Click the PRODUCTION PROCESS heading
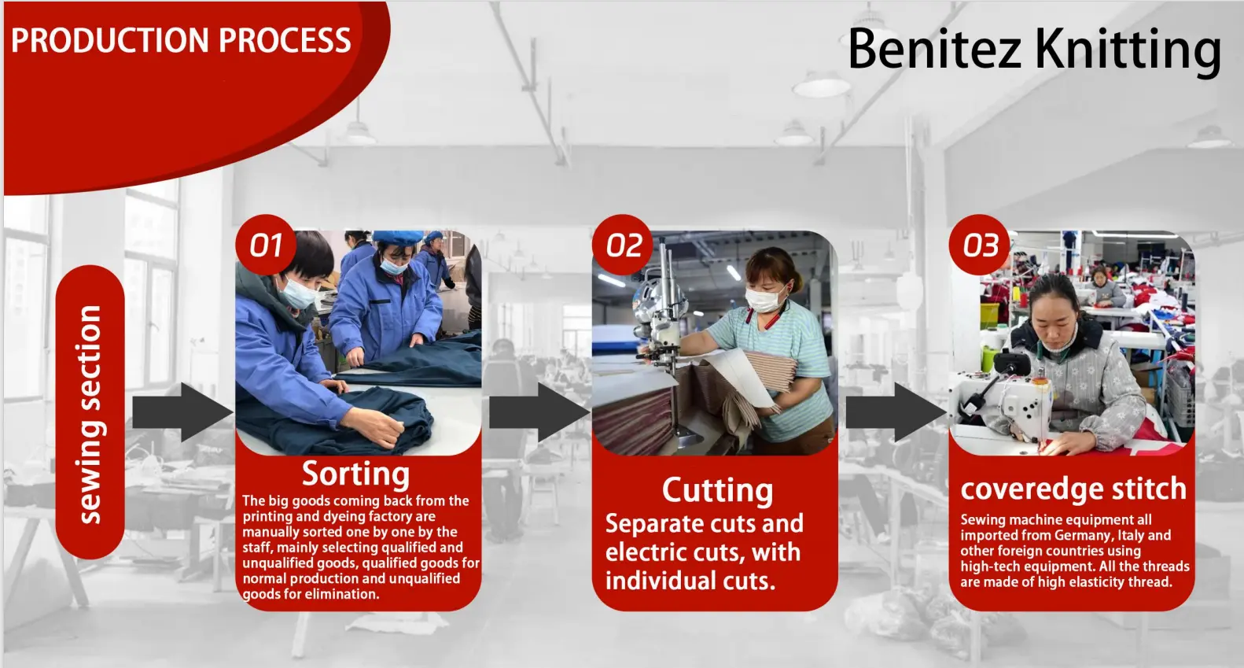[181, 40]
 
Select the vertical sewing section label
[90, 414]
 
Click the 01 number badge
[266, 245]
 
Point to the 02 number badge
[623, 245]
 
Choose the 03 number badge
[980, 245]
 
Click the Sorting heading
[356, 474]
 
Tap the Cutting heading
[717, 490]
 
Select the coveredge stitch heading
[1073, 489]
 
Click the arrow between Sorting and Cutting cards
[539, 412]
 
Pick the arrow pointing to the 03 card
[896, 412]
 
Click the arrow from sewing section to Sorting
[182, 412]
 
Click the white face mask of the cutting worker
[764, 298]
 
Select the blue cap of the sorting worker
[396, 238]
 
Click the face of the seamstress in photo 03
[1053, 319]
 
